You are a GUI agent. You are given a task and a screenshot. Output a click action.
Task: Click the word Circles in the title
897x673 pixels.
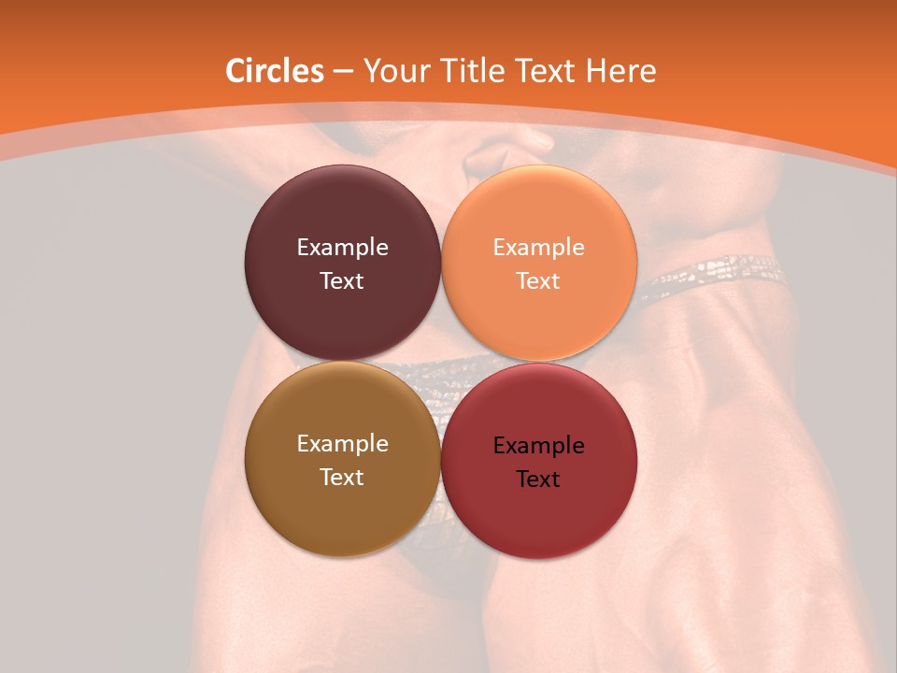[x=274, y=71]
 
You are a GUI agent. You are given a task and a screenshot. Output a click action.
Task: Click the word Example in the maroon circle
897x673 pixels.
[x=342, y=248]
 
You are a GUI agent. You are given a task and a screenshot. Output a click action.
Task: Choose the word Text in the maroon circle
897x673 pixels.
[x=342, y=281]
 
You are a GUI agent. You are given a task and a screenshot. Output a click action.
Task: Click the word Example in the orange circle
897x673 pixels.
[x=538, y=248]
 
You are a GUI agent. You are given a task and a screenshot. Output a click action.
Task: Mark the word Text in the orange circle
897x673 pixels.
[x=538, y=281]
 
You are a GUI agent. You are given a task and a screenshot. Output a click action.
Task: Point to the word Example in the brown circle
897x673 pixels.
[x=342, y=444]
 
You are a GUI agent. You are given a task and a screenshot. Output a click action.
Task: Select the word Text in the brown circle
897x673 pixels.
[x=342, y=478]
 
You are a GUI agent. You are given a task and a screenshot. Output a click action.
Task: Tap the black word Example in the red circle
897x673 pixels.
[x=538, y=446]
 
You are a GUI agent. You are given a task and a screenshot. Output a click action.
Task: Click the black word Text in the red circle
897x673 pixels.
[x=538, y=480]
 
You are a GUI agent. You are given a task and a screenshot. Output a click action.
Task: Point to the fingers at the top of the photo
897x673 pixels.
[x=509, y=150]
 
